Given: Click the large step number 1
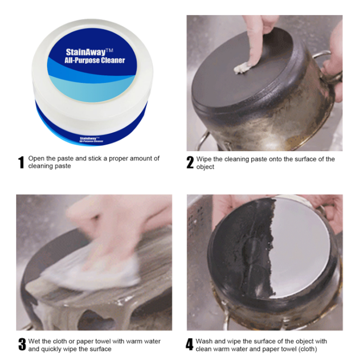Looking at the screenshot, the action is pos(21,162).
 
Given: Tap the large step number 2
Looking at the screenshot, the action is pos(190,162).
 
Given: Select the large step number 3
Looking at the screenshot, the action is pos(22,345).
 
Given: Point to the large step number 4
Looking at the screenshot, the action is pos(189,345).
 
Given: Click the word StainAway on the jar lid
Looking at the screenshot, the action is pos(85,52).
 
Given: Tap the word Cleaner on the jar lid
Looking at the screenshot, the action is pos(113,60).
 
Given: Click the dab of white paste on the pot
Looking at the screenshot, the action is pos(242,68).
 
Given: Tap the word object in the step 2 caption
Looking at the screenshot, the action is pos(205,167).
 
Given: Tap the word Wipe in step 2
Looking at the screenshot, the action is pos(204,159).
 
